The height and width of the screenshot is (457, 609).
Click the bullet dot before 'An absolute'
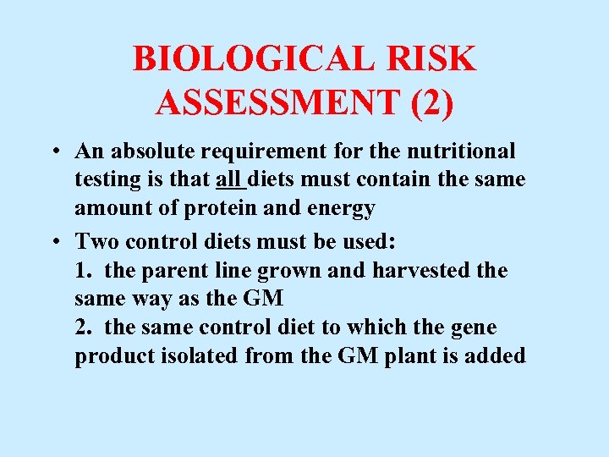pyautogui.click(x=53, y=152)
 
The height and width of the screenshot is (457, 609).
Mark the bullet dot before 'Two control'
pyautogui.click(x=53, y=241)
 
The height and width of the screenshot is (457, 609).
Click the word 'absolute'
pyautogui.click(x=149, y=151)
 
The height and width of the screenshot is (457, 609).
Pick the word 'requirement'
pyautogui.click(x=256, y=153)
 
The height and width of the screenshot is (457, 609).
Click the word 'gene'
pyautogui.click(x=477, y=328)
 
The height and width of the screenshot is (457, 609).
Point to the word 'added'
pyautogui.click(x=497, y=356)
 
